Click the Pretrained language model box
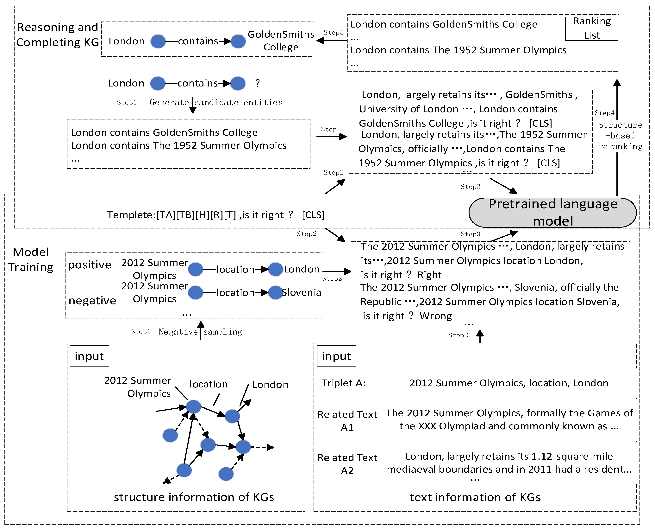[x=552, y=213]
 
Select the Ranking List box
[x=592, y=28]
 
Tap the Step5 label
[x=334, y=32]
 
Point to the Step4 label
[x=604, y=113]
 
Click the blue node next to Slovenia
[x=276, y=292]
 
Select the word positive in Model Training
[x=89, y=265]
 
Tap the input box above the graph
[x=89, y=356]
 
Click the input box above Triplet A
[x=336, y=356]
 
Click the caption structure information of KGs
[x=194, y=497]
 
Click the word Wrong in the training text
[x=436, y=316]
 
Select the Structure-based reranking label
[x=620, y=136]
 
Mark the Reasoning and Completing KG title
[x=58, y=35]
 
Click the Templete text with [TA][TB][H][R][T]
[x=216, y=215]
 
